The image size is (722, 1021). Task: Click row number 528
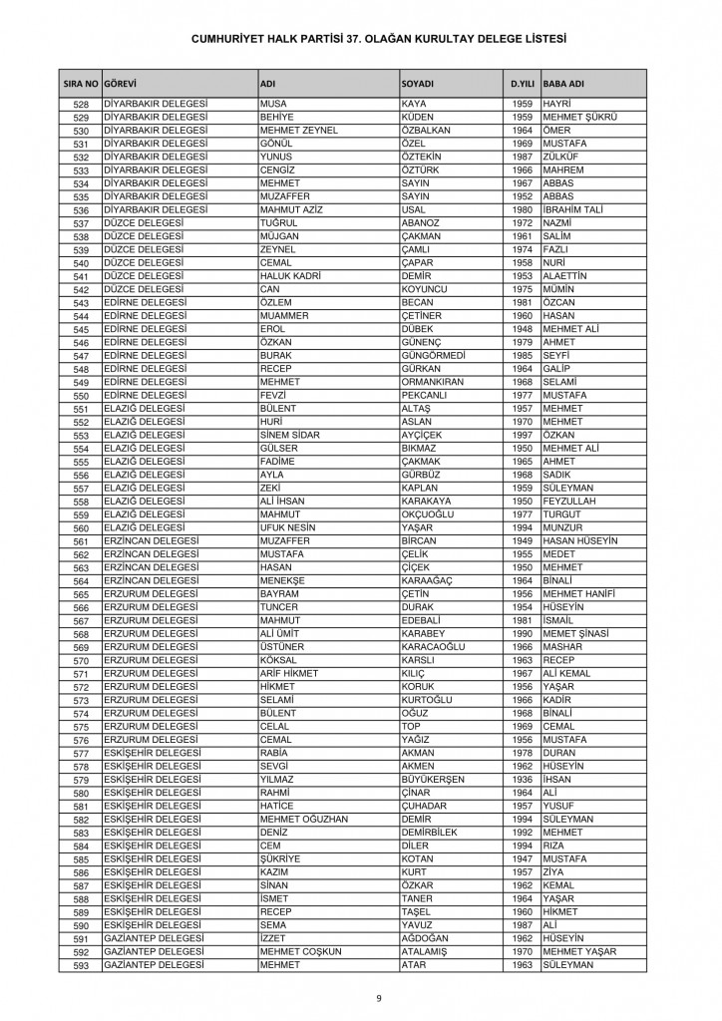82,105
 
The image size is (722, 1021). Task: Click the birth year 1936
523,780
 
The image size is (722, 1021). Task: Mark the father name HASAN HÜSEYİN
581,541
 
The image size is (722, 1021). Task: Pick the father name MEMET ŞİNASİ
577,634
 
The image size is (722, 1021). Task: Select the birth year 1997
523,436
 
